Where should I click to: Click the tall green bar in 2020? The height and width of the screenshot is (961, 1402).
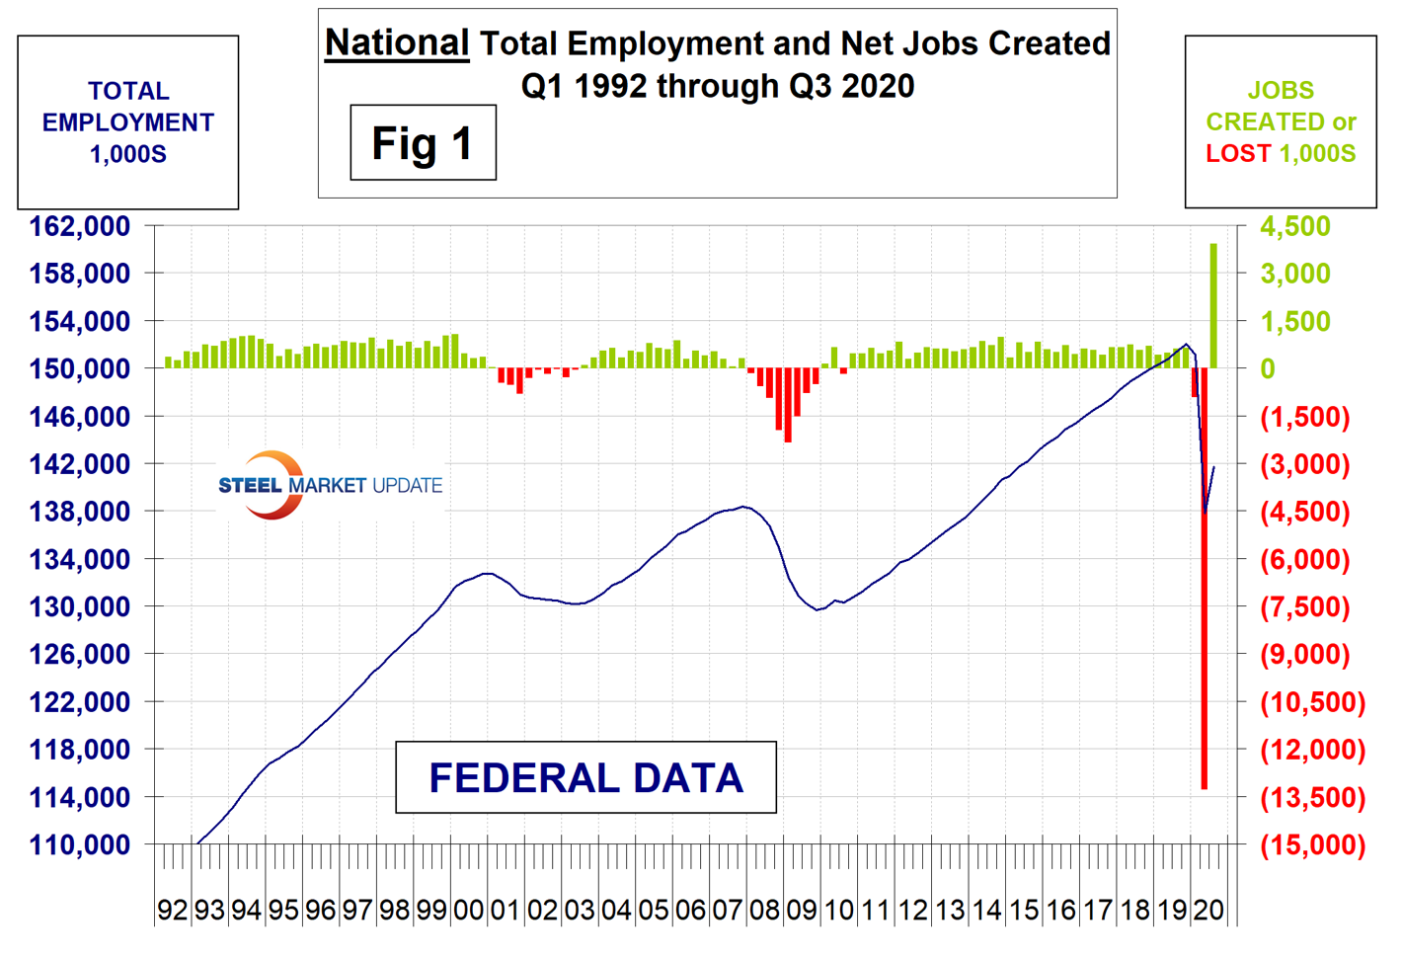[1213, 306]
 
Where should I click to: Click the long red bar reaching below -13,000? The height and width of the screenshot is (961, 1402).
[1204, 583]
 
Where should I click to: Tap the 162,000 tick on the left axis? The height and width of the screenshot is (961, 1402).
[80, 226]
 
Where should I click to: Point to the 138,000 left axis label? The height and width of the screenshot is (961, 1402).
[80, 512]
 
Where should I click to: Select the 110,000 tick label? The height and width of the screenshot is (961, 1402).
[80, 844]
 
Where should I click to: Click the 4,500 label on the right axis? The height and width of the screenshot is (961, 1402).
[1295, 226]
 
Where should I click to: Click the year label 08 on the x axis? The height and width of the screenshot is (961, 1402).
[764, 910]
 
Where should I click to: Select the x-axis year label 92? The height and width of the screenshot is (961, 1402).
[173, 910]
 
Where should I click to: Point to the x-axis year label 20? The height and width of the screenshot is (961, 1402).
[1208, 910]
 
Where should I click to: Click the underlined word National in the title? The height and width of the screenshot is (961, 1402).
[397, 43]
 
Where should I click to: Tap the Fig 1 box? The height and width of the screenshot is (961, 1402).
[423, 143]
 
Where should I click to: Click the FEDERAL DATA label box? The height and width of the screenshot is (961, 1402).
[585, 777]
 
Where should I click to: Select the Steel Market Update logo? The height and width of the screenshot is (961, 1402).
[329, 485]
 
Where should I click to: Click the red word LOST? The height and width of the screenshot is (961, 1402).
[1238, 154]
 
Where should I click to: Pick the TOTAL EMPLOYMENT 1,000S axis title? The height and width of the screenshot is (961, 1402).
[128, 122]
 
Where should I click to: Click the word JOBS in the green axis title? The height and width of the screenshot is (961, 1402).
[1281, 91]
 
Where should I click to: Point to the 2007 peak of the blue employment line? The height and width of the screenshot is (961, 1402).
[743, 507]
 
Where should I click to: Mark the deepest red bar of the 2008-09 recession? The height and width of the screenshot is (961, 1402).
[788, 405]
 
